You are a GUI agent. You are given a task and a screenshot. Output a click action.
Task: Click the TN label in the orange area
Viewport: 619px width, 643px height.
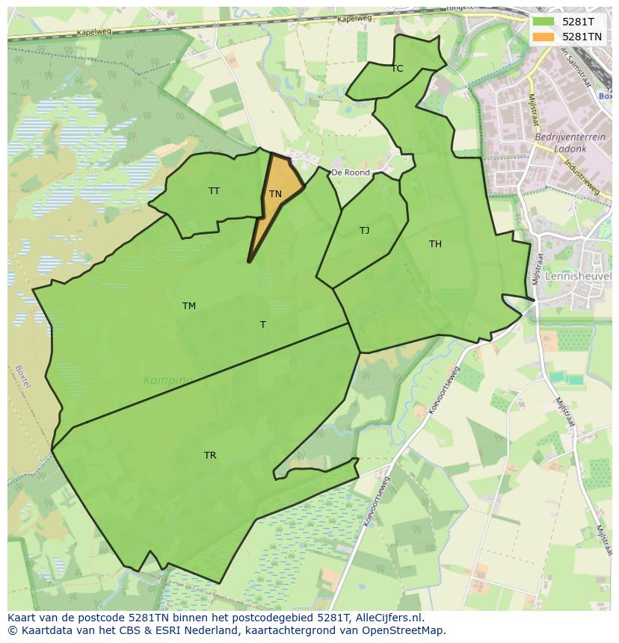coord(275,194)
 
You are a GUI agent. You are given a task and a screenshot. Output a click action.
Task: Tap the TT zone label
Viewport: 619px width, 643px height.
coord(215,191)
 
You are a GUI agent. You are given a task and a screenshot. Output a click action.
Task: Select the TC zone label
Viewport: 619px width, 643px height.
coord(397,69)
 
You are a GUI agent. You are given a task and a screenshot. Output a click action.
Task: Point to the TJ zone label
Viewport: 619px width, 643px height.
coord(364,231)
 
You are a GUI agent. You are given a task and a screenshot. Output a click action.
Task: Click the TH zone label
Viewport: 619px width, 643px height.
coord(435,244)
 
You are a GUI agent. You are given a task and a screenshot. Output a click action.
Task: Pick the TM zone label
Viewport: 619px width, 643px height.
coord(189,306)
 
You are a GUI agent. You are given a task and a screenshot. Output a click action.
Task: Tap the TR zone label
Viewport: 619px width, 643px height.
coord(210,456)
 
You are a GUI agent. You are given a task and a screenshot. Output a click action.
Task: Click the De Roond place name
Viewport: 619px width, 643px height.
coord(351,173)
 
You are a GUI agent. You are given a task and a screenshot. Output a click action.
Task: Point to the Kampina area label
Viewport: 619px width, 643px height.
coord(167,381)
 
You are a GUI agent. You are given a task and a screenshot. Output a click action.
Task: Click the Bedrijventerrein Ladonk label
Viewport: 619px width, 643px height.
coord(561,143)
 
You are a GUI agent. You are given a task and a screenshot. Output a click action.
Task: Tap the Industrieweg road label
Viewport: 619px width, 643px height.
coord(582,177)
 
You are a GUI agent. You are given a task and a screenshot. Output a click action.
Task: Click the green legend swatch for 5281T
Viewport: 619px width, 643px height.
coord(543,22)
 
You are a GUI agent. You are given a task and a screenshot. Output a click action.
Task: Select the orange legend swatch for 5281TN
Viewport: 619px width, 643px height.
coord(543,37)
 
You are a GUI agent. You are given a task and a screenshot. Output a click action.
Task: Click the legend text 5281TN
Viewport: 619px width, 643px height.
coord(582,37)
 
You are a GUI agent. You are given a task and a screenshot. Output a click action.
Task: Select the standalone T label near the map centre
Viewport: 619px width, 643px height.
coord(263,325)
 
